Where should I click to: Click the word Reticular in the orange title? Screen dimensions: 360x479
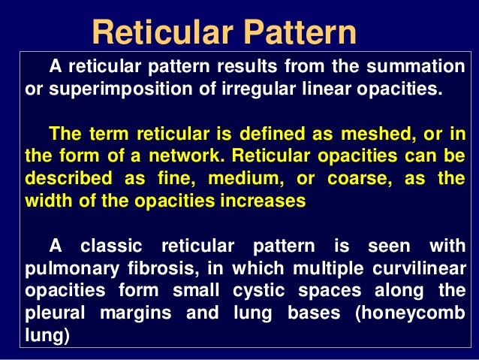(x=156, y=32)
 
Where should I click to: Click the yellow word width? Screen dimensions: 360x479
(x=48, y=202)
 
